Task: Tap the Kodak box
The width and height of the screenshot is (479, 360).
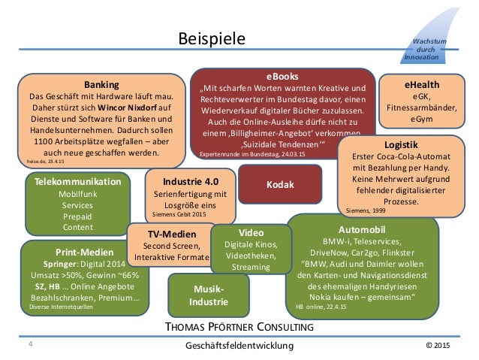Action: tap(279, 183)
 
